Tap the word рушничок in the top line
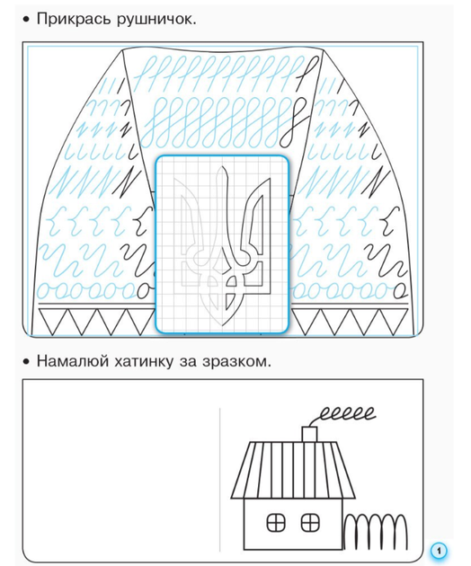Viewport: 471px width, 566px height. pyautogui.click(x=156, y=20)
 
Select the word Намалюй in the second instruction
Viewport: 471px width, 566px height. pyautogui.click(x=73, y=361)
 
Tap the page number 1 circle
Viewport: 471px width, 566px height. pyautogui.click(x=439, y=551)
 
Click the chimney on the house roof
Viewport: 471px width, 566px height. pyautogui.click(x=309, y=435)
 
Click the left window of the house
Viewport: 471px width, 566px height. pyautogui.click(x=276, y=523)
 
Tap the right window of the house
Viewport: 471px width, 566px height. pyautogui.click(x=310, y=523)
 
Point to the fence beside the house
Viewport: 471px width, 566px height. pyautogui.click(x=376, y=532)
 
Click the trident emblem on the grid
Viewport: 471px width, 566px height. pyautogui.click(x=222, y=246)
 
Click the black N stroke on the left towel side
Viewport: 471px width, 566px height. pyautogui.click(x=127, y=183)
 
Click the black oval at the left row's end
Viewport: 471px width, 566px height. pyautogui.click(x=145, y=290)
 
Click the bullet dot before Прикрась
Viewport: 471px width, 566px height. pyautogui.click(x=25, y=20)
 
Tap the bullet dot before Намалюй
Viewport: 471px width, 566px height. pyautogui.click(x=25, y=361)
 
